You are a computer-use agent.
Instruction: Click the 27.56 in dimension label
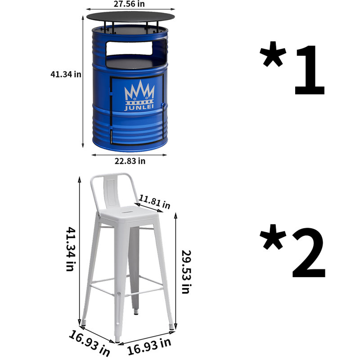tap(129, 4)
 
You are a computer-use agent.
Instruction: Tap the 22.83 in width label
tap(130, 161)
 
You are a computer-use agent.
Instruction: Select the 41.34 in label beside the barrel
tap(66, 74)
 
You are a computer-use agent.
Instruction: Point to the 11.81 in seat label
tap(154, 202)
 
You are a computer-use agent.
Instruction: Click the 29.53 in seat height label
tap(186, 272)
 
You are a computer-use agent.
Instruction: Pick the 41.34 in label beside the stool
tap(71, 249)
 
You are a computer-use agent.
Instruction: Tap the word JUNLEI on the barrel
tap(139, 107)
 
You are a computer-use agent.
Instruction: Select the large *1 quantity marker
tap(292, 68)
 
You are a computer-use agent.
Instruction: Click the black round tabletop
tap(130, 17)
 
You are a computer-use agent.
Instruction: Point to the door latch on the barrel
tap(163, 105)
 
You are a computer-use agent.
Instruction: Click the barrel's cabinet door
tap(137, 110)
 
